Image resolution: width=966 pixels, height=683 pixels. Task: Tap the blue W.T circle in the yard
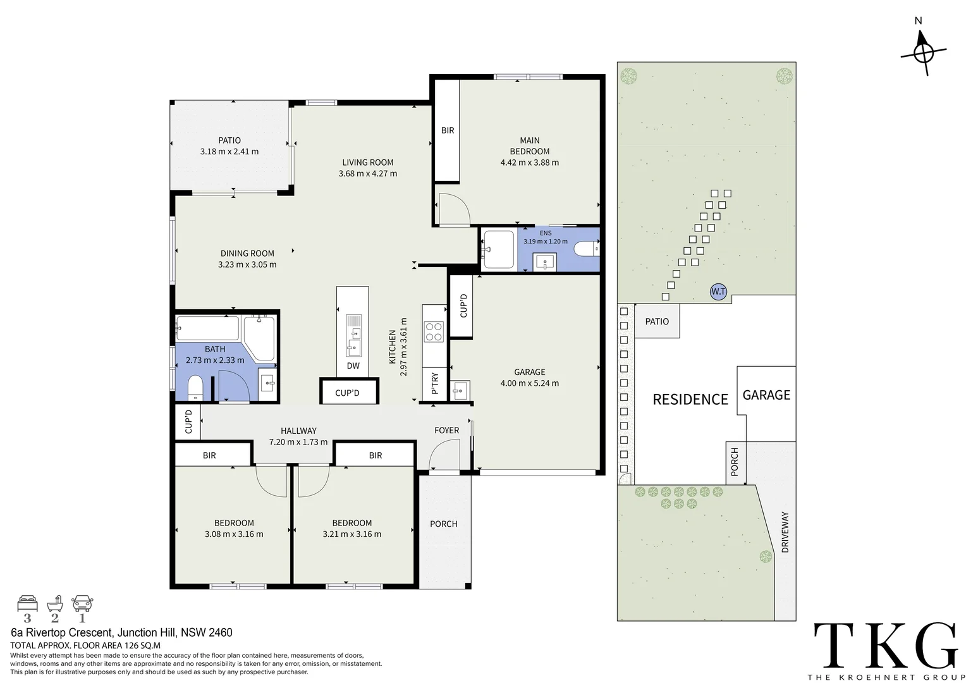(x=718, y=292)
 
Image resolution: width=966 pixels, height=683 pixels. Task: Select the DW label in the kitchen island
(x=353, y=366)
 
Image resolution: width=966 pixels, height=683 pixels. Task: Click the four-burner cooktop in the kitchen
(x=434, y=332)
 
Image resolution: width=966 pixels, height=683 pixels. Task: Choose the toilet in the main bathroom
(x=195, y=387)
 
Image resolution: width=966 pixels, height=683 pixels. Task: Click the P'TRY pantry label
(x=435, y=383)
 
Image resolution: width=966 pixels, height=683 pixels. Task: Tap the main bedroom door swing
(x=454, y=209)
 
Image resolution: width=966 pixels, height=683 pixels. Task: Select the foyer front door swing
(x=444, y=455)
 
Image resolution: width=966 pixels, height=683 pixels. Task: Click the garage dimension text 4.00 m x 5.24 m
(x=530, y=383)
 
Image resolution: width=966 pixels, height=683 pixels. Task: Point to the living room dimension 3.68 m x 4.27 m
(x=368, y=173)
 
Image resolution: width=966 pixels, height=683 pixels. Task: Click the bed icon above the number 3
(x=27, y=603)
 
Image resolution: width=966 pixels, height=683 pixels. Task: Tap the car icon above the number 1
(x=82, y=603)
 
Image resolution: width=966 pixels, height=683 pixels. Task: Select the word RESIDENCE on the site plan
(x=690, y=400)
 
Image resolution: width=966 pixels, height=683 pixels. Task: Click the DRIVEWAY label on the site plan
(x=785, y=532)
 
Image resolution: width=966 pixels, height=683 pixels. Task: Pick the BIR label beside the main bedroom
(x=447, y=130)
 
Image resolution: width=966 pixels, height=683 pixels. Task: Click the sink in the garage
(x=459, y=390)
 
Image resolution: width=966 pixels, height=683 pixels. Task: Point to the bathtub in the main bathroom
(x=207, y=328)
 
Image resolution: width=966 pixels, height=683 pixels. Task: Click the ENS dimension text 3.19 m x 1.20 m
(x=546, y=241)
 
